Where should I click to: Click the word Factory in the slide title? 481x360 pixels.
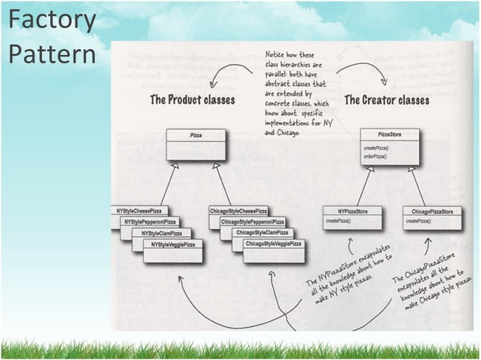[x=51, y=21]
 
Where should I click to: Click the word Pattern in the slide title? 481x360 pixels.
[x=51, y=55]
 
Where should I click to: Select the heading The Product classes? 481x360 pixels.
[x=192, y=99]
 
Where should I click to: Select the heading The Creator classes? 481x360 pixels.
[x=387, y=99]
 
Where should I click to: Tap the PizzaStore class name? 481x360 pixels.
[x=389, y=133]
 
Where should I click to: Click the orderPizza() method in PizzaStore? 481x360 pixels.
[x=375, y=157]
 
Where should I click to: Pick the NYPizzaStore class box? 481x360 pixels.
[x=352, y=217]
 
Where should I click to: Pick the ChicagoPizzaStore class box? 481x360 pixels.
[x=432, y=217]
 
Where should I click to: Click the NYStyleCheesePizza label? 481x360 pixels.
[x=140, y=211]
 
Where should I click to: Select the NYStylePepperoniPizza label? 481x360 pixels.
[x=151, y=222]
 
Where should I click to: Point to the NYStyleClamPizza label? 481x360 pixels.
[x=161, y=233]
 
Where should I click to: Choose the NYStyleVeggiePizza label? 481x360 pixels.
[x=173, y=245]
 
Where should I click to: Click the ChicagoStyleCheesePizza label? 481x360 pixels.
[x=238, y=211]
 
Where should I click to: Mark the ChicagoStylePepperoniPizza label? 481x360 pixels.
[x=252, y=222]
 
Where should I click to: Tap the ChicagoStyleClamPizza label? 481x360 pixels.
[x=262, y=233]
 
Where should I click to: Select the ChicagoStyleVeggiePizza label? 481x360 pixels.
[x=273, y=245]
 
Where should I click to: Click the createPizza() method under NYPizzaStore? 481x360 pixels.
[x=341, y=222]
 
